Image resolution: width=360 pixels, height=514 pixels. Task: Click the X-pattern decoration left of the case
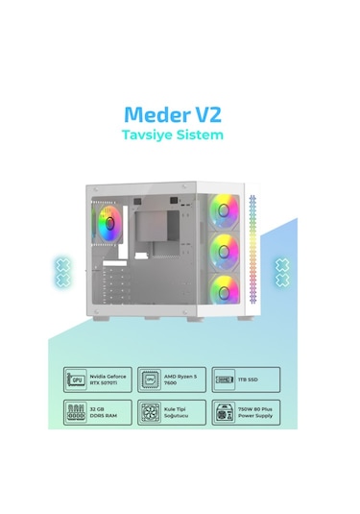click(x=64, y=270)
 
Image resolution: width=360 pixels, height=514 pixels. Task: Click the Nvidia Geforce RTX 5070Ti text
click(x=105, y=378)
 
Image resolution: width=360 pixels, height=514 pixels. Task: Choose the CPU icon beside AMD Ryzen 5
click(x=149, y=378)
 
